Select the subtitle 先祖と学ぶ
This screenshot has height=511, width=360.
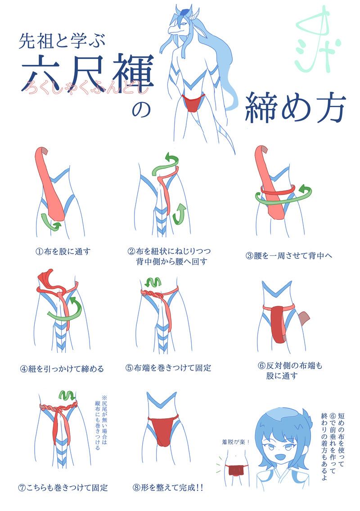pyautogui.click(x=62, y=41)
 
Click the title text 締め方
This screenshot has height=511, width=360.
pyautogui.click(x=295, y=108)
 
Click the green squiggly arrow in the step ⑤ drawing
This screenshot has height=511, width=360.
pyautogui.click(x=153, y=282)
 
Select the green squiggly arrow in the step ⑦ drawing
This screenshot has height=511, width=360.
pyautogui.click(x=67, y=395)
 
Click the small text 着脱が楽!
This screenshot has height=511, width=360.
pyautogui.click(x=235, y=442)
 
